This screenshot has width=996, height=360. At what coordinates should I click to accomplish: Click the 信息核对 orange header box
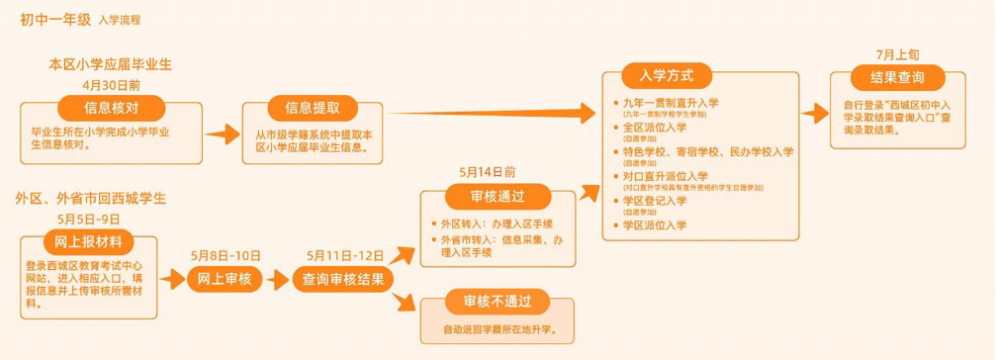click(111, 108)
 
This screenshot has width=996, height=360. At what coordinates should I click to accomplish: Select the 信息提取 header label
click(313, 108)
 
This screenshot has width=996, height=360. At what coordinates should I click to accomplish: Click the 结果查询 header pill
click(896, 78)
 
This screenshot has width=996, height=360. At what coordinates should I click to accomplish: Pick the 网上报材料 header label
click(89, 242)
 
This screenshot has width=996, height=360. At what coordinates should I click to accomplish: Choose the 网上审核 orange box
click(226, 279)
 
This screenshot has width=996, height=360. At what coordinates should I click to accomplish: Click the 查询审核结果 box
click(343, 279)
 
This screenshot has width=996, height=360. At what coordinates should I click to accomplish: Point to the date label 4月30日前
click(112, 86)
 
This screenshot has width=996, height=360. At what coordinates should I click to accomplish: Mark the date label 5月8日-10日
click(226, 256)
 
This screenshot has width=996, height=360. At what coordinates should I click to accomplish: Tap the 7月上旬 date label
click(896, 53)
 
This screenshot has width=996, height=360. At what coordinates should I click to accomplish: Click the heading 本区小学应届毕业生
click(111, 64)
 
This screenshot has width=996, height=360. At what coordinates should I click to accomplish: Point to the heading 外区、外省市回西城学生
click(90, 198)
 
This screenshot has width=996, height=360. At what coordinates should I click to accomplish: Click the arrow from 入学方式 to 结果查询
click(814, 114)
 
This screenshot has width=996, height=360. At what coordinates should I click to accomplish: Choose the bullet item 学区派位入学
click(654, 225)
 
